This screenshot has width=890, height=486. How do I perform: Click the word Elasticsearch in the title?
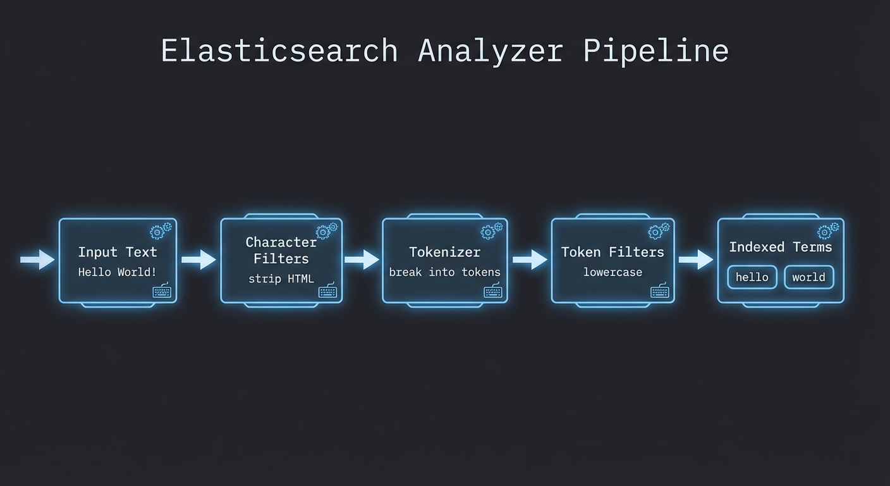[279, 51]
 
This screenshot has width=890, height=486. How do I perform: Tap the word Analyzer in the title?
[490, 51]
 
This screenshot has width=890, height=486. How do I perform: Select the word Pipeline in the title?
[655, 51]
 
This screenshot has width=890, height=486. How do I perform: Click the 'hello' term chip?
[752, 277]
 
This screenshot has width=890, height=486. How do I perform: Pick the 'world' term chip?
[808, 277]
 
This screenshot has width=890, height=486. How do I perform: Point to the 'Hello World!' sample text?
[118, 272]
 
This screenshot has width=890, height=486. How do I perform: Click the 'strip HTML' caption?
[281, 278]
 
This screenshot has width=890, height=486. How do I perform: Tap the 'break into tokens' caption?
[444, 272]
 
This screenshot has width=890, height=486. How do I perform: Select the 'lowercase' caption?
[613, 272]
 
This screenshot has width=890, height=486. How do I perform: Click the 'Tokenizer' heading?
[444, 252]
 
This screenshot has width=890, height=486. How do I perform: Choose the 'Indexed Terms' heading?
[781, 247]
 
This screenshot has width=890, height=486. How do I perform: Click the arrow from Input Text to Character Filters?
[198, 259]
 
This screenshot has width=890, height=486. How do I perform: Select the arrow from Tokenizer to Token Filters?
[530, 259]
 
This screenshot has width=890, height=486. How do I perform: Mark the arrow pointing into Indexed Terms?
[696, 259]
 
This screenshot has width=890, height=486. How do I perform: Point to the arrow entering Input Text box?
[37, 259]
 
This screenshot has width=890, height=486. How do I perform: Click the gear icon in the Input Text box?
[161, 231]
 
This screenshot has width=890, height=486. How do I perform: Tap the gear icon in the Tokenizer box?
[491, 231]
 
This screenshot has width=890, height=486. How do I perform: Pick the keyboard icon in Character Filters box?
[327, 292]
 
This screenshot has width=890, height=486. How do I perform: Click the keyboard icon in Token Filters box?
[660, 292]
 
